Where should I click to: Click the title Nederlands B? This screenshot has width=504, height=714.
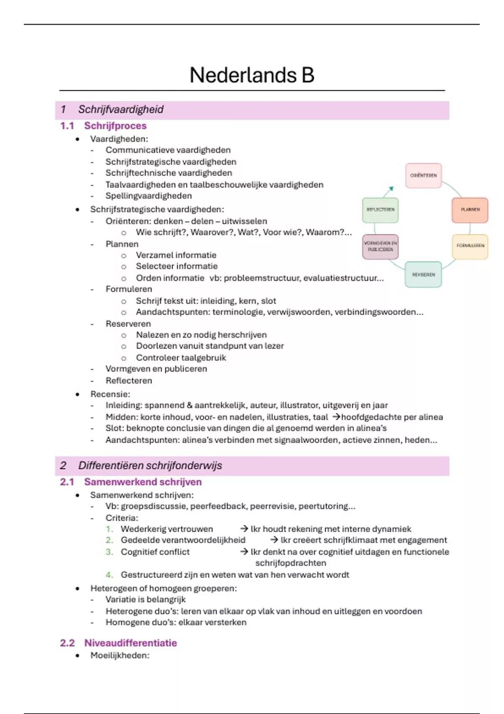252,75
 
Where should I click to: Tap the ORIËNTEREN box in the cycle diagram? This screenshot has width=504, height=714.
423,176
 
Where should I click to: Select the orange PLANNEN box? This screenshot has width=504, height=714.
470,210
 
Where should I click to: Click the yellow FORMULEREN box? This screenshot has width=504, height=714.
470,246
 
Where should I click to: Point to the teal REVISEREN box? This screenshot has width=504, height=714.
423,275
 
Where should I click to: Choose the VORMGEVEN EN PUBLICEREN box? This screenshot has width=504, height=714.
380,247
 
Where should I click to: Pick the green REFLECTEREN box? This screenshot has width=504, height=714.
380,210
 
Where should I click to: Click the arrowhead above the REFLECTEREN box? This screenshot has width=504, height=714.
391,189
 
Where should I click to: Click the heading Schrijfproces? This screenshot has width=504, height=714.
115,126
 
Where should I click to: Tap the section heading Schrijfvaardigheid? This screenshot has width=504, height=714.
121,110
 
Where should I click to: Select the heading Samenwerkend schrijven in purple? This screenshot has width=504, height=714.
143,482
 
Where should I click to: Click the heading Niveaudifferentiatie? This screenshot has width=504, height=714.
131,643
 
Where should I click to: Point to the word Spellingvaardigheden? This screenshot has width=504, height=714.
149,196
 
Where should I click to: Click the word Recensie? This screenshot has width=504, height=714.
110,394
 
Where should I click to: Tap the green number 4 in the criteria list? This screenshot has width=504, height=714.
109,575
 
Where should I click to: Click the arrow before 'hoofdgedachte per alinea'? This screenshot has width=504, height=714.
336,417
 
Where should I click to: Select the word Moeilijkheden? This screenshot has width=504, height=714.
120,655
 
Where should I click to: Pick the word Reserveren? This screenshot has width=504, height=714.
128,324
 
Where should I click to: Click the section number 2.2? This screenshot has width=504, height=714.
67,643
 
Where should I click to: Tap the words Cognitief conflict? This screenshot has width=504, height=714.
155,552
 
